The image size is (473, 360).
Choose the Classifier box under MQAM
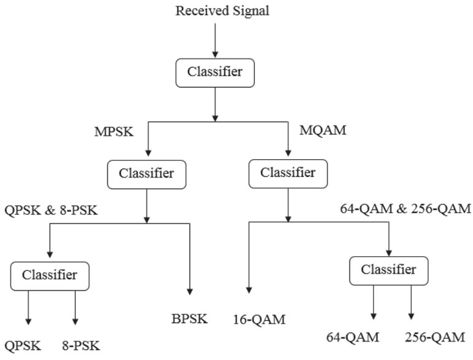point(287,174)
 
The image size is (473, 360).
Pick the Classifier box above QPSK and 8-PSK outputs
point(50,275)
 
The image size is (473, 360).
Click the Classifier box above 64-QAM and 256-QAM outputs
point(388,270)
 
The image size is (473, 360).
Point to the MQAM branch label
point(322,131)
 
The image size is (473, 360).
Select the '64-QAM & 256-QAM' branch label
point(405,209)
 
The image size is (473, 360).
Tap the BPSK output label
point(190,318)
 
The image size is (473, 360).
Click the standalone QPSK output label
point(23,346)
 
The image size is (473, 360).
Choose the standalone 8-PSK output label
point(80,346)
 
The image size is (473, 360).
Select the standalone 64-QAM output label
point(353,337)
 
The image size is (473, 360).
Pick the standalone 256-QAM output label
point(435,337)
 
